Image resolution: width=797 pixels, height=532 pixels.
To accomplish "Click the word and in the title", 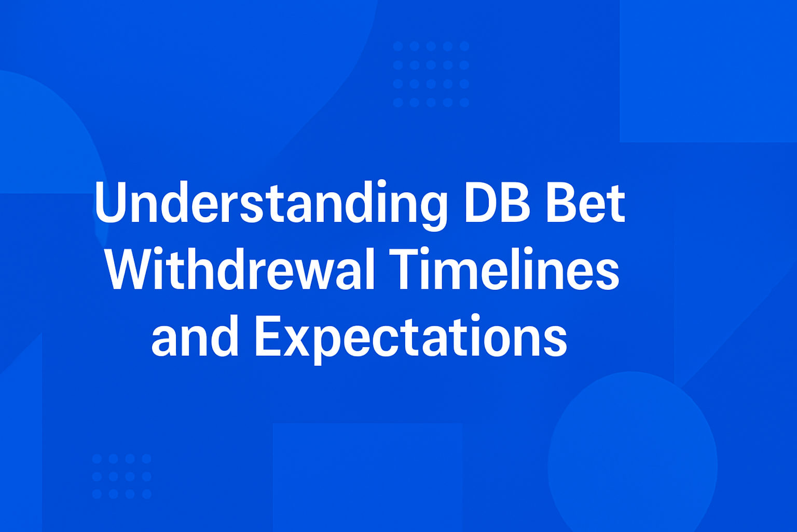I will [195, 338].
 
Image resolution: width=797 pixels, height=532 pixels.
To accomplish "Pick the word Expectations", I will [410, 338].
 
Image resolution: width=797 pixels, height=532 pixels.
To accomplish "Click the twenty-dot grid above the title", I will [431, 74].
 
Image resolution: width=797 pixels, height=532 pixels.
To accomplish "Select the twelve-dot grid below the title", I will [121, 476].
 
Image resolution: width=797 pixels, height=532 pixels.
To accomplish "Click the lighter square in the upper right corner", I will [708, 71].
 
